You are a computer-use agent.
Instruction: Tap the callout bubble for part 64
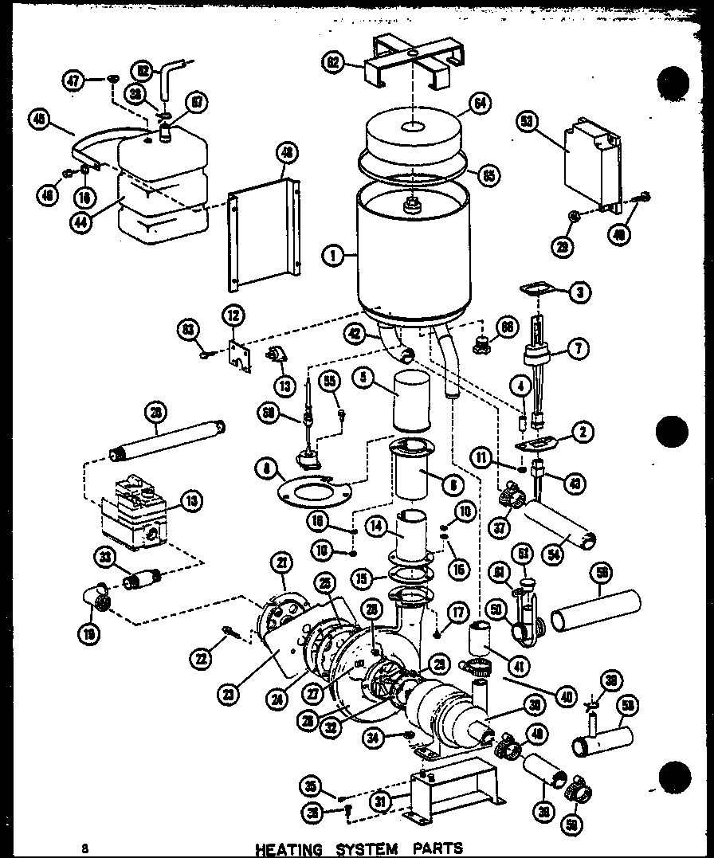point(480,104)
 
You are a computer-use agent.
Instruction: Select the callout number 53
point(525,121)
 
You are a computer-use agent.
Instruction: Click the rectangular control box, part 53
point(590,164)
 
